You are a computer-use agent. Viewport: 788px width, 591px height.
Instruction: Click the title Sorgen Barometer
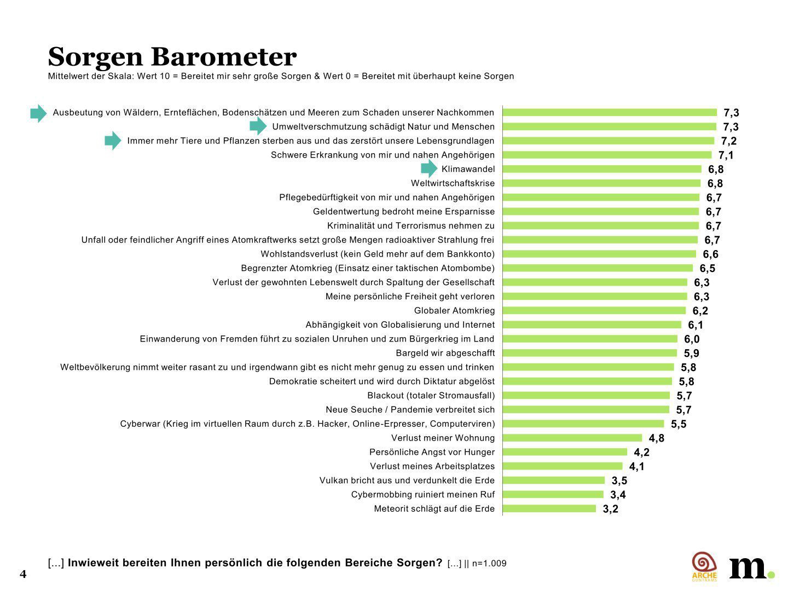(x=172, y=56)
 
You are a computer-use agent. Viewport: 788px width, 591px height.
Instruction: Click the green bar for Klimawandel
(x=601, y=169)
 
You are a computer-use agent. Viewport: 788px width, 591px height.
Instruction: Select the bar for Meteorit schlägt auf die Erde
(x=549, y=508)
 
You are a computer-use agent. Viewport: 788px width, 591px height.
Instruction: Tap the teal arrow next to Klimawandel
(x=429, y=169)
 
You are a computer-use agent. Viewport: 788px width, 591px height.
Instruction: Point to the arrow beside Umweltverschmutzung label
(x=258, y=126)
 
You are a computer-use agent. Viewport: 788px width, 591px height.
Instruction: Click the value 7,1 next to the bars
(x=726, y=155)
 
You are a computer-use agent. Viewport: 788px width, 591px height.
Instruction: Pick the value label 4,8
(x=656, y=438)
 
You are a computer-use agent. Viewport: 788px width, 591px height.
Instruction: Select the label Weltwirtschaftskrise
(x=453, y=183)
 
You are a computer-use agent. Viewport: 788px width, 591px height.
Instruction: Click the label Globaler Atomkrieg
(x=454, y=311)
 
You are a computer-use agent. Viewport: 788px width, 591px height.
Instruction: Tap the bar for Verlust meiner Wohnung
(x=572, y=438)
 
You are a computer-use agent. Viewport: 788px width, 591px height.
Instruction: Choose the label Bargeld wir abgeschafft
(x=445, y=353)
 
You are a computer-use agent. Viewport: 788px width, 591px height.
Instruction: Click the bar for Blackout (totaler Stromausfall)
(x=586, y=395)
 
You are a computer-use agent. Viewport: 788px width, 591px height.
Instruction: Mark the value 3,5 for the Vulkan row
(x=619, y=480)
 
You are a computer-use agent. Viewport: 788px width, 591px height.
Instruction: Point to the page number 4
(x=23, y=574)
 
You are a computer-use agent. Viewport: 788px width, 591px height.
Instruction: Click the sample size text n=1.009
(x=489, y=564)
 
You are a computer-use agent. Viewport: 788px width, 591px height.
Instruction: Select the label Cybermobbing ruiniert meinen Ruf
(x=422, y=495)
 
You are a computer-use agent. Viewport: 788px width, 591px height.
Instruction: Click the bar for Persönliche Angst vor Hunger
(x=565, y=452)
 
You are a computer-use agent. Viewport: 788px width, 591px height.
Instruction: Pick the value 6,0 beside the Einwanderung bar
(x=691, y=339)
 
